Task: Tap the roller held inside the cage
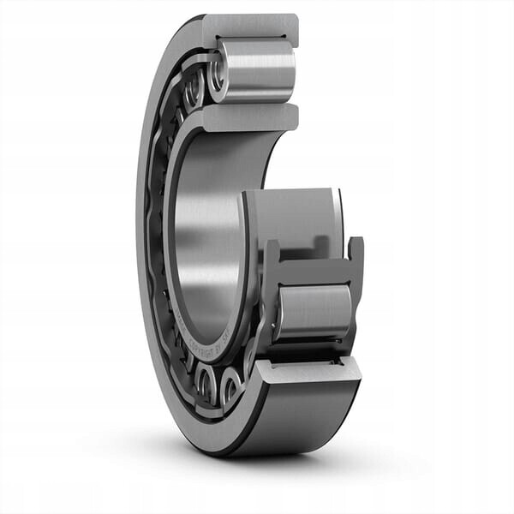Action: (x=314, y=310)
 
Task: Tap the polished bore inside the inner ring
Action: (x=206, y=248)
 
